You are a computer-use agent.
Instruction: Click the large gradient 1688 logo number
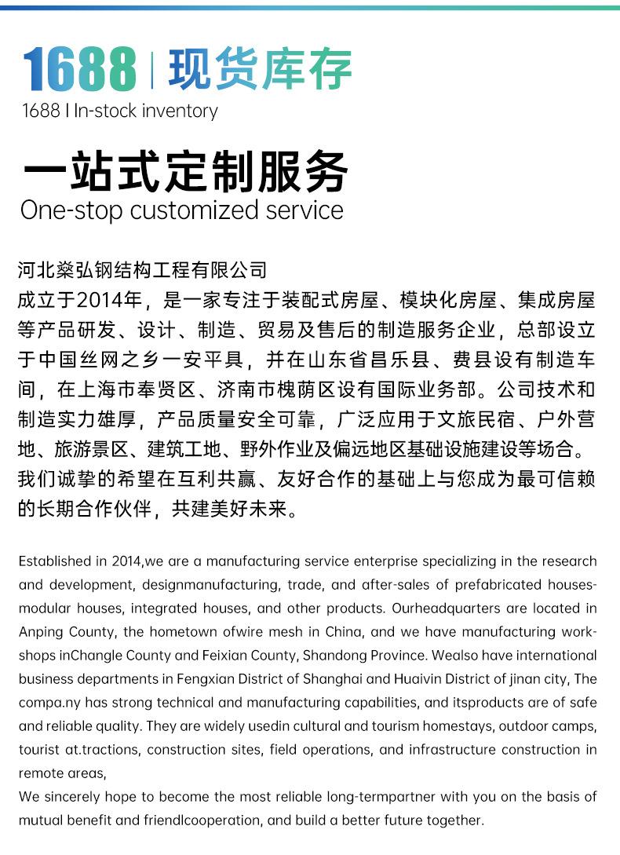(x=79, y=70)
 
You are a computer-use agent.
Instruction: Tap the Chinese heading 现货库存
(x=260, y=70)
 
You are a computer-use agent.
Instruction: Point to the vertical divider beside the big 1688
(x=151, y=70)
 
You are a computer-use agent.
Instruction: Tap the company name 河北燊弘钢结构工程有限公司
(x=142, y=271)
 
